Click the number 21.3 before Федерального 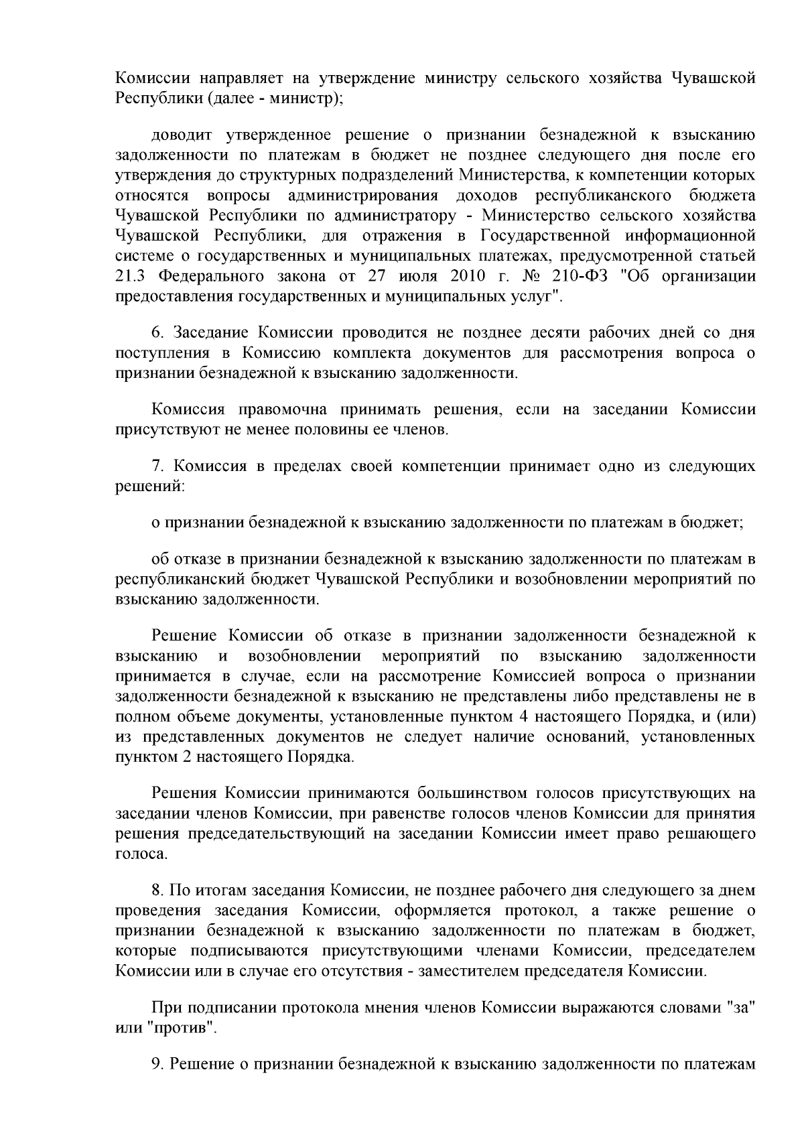click(x=131, y=276)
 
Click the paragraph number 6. click(x=158, y=333)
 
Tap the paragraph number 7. click(x=158, y=466)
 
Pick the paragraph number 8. click(x=158, y=890)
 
